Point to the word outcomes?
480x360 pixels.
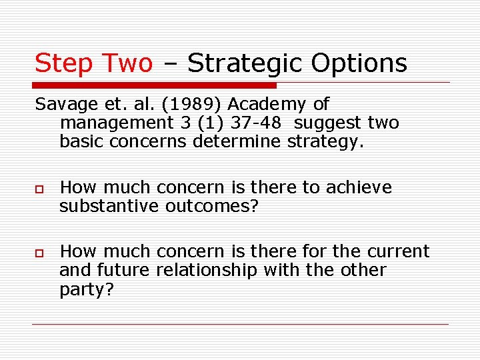pyautogui.click(x=211, y=207)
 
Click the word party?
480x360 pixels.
pyautogui.click(x=87, y=289)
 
